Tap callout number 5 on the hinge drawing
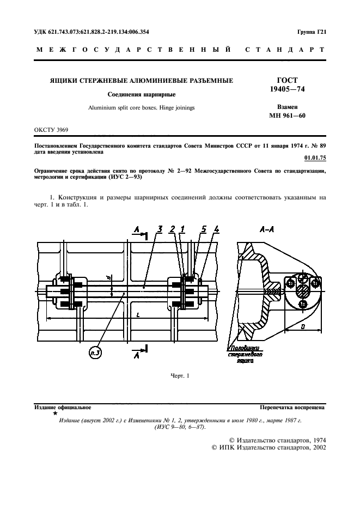[x=203, y=230]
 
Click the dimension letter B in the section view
[x=304, y=326]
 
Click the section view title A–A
[x=267, y=230]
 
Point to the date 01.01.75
[x=314, y=159]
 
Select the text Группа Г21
[x=312, y=33]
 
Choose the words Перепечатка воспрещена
[x=292, y=407]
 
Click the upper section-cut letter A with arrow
[x=137, y=231]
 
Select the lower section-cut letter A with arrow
[x=137, y=355]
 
